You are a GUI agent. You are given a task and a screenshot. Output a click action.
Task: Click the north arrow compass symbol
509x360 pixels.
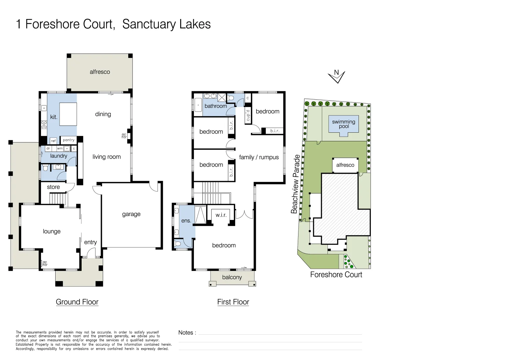[x=336, y=76]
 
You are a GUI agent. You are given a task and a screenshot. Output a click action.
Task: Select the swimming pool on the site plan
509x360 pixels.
[x=343, y=124]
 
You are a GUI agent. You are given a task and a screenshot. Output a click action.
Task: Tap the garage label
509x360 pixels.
[x=131, y=214]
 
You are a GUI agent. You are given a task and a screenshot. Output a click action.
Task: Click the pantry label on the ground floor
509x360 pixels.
[x=69, y=140]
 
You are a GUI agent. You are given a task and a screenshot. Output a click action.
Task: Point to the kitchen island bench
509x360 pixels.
[x=68, y=114]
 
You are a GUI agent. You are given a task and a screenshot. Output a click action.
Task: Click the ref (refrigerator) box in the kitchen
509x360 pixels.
[x=53, y=141]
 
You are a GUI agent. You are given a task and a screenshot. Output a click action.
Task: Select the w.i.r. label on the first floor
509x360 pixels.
[x=221, y=215]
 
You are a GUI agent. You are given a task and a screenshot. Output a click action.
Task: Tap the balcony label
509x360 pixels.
[x=232, y=277]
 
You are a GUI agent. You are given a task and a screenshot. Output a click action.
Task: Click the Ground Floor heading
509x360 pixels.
[x=77, y=302]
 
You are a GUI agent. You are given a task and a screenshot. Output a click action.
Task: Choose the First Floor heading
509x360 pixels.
[x=233, y=302]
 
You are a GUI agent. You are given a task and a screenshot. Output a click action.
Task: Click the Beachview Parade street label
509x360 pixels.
[x=295, y=184]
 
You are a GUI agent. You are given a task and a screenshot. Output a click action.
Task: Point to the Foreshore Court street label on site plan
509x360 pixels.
[x=336, y=274]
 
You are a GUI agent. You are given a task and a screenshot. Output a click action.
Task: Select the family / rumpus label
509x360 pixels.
[x=259, y=157]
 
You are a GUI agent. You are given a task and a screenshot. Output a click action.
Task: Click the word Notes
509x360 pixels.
[x=186, y=332]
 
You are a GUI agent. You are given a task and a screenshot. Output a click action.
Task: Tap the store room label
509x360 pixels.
[x=53, y=187]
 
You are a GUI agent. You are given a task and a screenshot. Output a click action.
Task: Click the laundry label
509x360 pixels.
[x=59, y=156]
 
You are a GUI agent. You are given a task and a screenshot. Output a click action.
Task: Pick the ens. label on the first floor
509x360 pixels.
[x=186, y=221]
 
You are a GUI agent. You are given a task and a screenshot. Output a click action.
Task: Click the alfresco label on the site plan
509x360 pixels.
[x=345, y=165]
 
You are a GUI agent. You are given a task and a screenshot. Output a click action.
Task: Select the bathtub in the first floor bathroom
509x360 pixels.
[x=198, y=105]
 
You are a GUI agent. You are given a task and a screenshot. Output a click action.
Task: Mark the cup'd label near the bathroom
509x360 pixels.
[x=248, y=115]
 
